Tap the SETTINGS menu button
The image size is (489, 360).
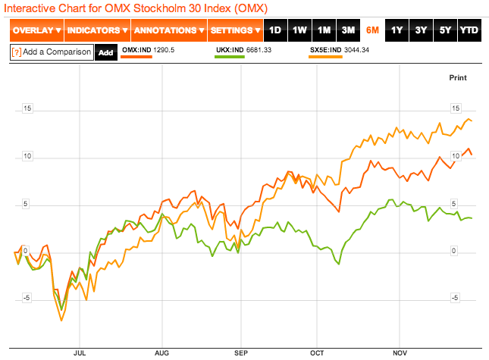pyautogui.click(x=235, y=31)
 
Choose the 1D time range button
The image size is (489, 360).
pyautogui.click(x=275, y=31)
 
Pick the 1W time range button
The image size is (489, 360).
pyautogui.click(x=299, y=31)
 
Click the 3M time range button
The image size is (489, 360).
pyautogui.click(x=348, y=31)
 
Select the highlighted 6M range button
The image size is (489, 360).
pyautogui.click(x=372, y=31)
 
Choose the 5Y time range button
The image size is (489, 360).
pyautogui.click(x=445, y=31)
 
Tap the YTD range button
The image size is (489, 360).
pyautogui.click(x=469, y=31)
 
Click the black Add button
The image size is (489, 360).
pyautogui.click(x=105, y=53)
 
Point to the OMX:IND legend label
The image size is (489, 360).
pyautogui.click(x=136, y=50)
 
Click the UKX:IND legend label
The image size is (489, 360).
pyautogui.click(x=230, y=50)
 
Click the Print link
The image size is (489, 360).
pyautogui.click(x=458, y=77)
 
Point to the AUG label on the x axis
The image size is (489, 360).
pyautogui.click(x=161, y=352)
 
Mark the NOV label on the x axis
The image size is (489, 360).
pyautogui.click(x=400, y=352)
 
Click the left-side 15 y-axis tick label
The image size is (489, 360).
pyautogui.click(x=27, y=108)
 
